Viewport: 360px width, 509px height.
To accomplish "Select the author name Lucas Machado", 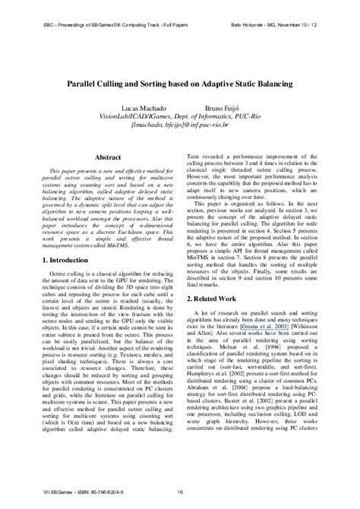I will click(137, 109).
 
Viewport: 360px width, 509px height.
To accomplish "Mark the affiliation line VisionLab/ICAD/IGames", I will click(179, 119).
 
